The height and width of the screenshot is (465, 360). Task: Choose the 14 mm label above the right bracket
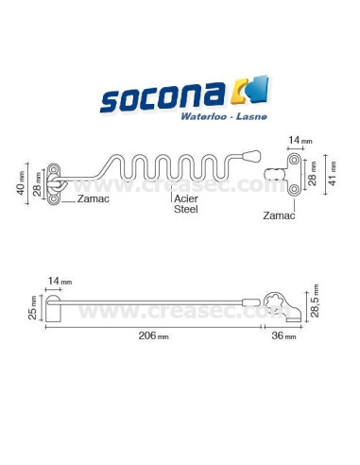pyautogui.click(x=295, y=141)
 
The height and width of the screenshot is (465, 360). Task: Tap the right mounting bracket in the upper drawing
pyautogui.click(x=293, y=172)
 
